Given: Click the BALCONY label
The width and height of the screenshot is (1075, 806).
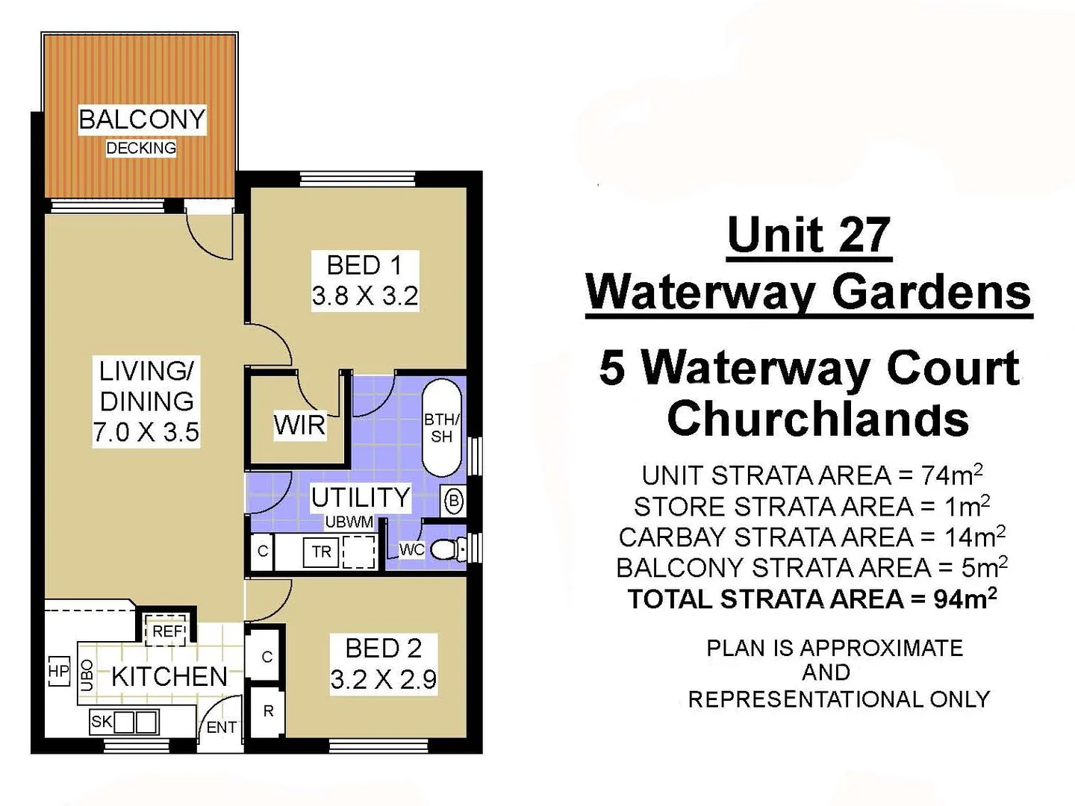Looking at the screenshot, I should tap(142, 119).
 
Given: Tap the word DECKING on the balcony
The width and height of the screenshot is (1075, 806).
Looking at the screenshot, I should tap(141, 148).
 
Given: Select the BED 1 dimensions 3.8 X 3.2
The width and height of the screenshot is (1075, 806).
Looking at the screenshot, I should tap(364, 296).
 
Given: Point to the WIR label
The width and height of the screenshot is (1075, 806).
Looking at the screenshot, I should tap(299, 425).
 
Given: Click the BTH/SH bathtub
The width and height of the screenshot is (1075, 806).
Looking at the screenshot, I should tap(443, 428).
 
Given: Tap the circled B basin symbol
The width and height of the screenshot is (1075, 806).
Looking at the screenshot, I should tap(454, 501).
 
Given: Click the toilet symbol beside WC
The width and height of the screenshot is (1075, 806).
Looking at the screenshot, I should tap(446, 550).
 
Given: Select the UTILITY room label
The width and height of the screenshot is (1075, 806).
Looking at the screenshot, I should tap(361, 497).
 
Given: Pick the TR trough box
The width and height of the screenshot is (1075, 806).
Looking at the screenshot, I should tap(322, 552).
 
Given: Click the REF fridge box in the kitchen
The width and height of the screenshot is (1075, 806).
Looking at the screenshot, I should tap(168, 631).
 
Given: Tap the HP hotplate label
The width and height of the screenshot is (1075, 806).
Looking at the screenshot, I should tap(58, 671).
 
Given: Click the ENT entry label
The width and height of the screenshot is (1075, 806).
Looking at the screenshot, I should tap(222, 727).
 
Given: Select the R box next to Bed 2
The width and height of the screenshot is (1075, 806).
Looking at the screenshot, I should tap(267, 711).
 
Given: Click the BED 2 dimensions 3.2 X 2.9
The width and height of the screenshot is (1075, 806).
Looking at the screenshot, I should tap(383, 680).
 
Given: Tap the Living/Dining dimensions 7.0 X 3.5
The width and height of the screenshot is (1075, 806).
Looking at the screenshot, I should tap(146, 432).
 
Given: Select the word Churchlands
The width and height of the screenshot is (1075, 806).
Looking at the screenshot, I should tap(818, 419).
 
